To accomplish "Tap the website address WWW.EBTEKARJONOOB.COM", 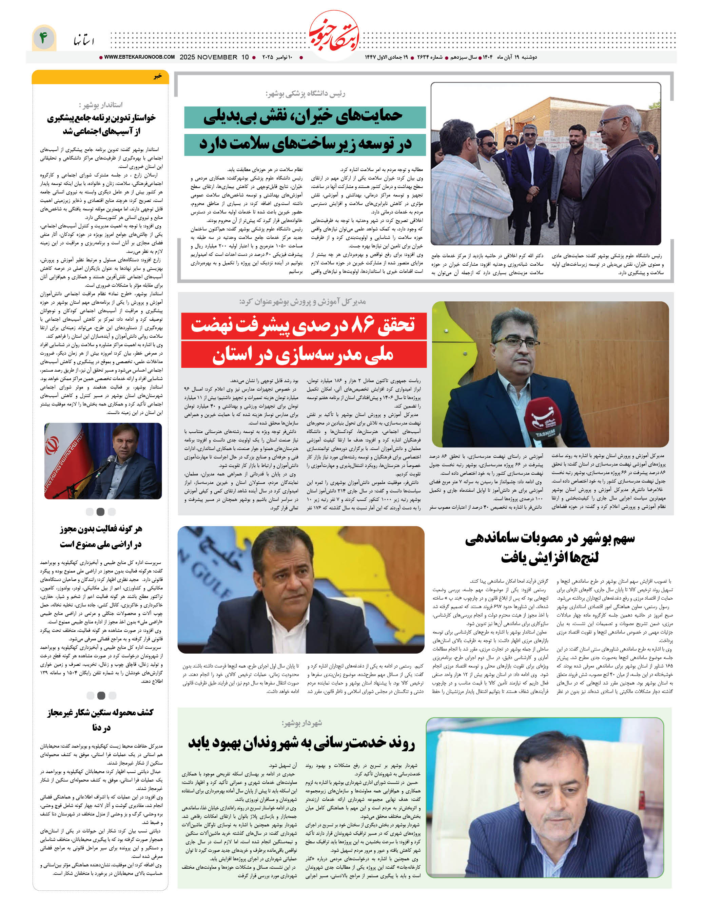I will [x=139, y=57].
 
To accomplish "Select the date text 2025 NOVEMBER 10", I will [x=214, y=57].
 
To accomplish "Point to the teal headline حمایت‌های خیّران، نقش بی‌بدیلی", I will [x=304, y=117].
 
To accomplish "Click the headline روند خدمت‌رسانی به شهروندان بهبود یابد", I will [x=301, y=743].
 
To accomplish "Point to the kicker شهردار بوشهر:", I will [x=302, y=723].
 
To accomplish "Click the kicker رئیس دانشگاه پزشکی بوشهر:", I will [x=306, y=93].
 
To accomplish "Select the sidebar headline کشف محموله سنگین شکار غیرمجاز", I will [x=100, y=712].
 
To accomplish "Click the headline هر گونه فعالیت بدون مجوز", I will [x=101, y=529].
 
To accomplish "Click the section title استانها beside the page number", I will [x=84, y=41].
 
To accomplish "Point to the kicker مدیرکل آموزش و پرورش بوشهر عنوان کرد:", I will [x=302, y=301].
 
